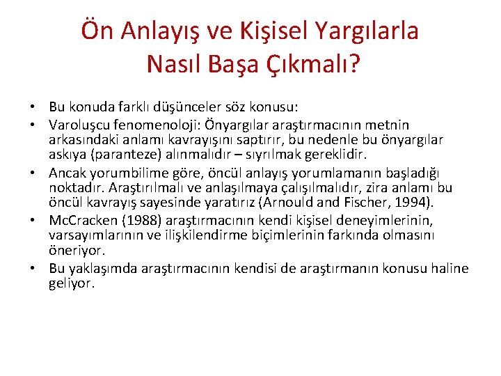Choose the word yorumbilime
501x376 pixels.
[x=122, y=172]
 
